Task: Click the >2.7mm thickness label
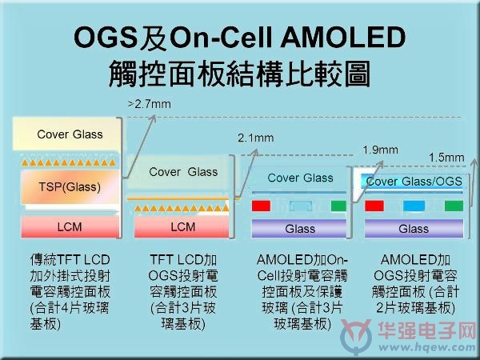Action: [150, 104]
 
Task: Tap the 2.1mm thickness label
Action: [256, 138]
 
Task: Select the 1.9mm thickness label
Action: [381, 150]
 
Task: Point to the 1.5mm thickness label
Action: [446, 158]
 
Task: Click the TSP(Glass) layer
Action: [70, 187]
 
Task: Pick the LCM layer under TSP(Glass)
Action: [70, 227]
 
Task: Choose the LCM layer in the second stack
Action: [182, 227]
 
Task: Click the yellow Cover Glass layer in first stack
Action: [66, 134]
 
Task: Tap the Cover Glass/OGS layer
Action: [414, 182]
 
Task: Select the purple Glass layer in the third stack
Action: [299, 228]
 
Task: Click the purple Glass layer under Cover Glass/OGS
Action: [414, 228]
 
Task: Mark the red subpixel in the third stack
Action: [261, 206]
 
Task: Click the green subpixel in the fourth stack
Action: [454, 206]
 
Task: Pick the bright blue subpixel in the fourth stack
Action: [414, 206]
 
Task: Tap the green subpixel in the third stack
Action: [338, 206]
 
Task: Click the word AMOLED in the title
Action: [342, 38]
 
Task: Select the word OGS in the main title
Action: [105, 38]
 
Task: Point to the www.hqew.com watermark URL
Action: [427, 347]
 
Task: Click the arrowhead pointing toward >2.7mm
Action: [153, 118]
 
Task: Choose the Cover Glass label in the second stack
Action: [183, 172]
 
